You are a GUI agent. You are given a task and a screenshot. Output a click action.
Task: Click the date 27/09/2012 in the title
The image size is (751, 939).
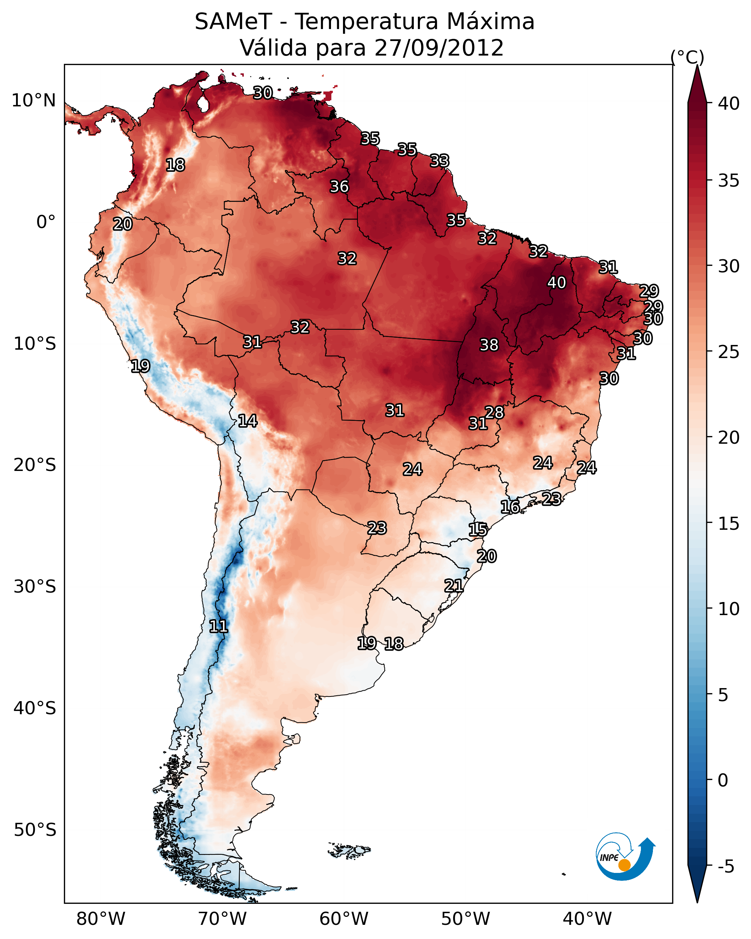439,48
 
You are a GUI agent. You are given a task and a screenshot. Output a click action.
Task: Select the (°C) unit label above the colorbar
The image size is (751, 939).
687,57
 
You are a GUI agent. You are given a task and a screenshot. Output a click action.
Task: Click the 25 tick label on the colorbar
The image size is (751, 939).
729,352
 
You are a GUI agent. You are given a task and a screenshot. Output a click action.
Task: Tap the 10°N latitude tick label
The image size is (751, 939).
33,101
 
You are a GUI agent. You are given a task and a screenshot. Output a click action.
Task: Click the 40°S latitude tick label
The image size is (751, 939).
35,708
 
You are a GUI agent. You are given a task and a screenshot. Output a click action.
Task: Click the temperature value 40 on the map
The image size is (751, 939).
557,282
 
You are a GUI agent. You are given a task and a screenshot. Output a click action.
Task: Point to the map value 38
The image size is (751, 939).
489,345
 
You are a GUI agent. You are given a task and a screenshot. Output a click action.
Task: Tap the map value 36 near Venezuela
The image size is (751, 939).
339,186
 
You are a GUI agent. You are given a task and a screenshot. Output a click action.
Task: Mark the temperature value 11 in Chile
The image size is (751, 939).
218,626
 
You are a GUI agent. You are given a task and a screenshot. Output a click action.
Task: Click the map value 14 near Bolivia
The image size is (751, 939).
247,421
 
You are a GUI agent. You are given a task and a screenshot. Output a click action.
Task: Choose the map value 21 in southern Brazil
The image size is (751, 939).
453,586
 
